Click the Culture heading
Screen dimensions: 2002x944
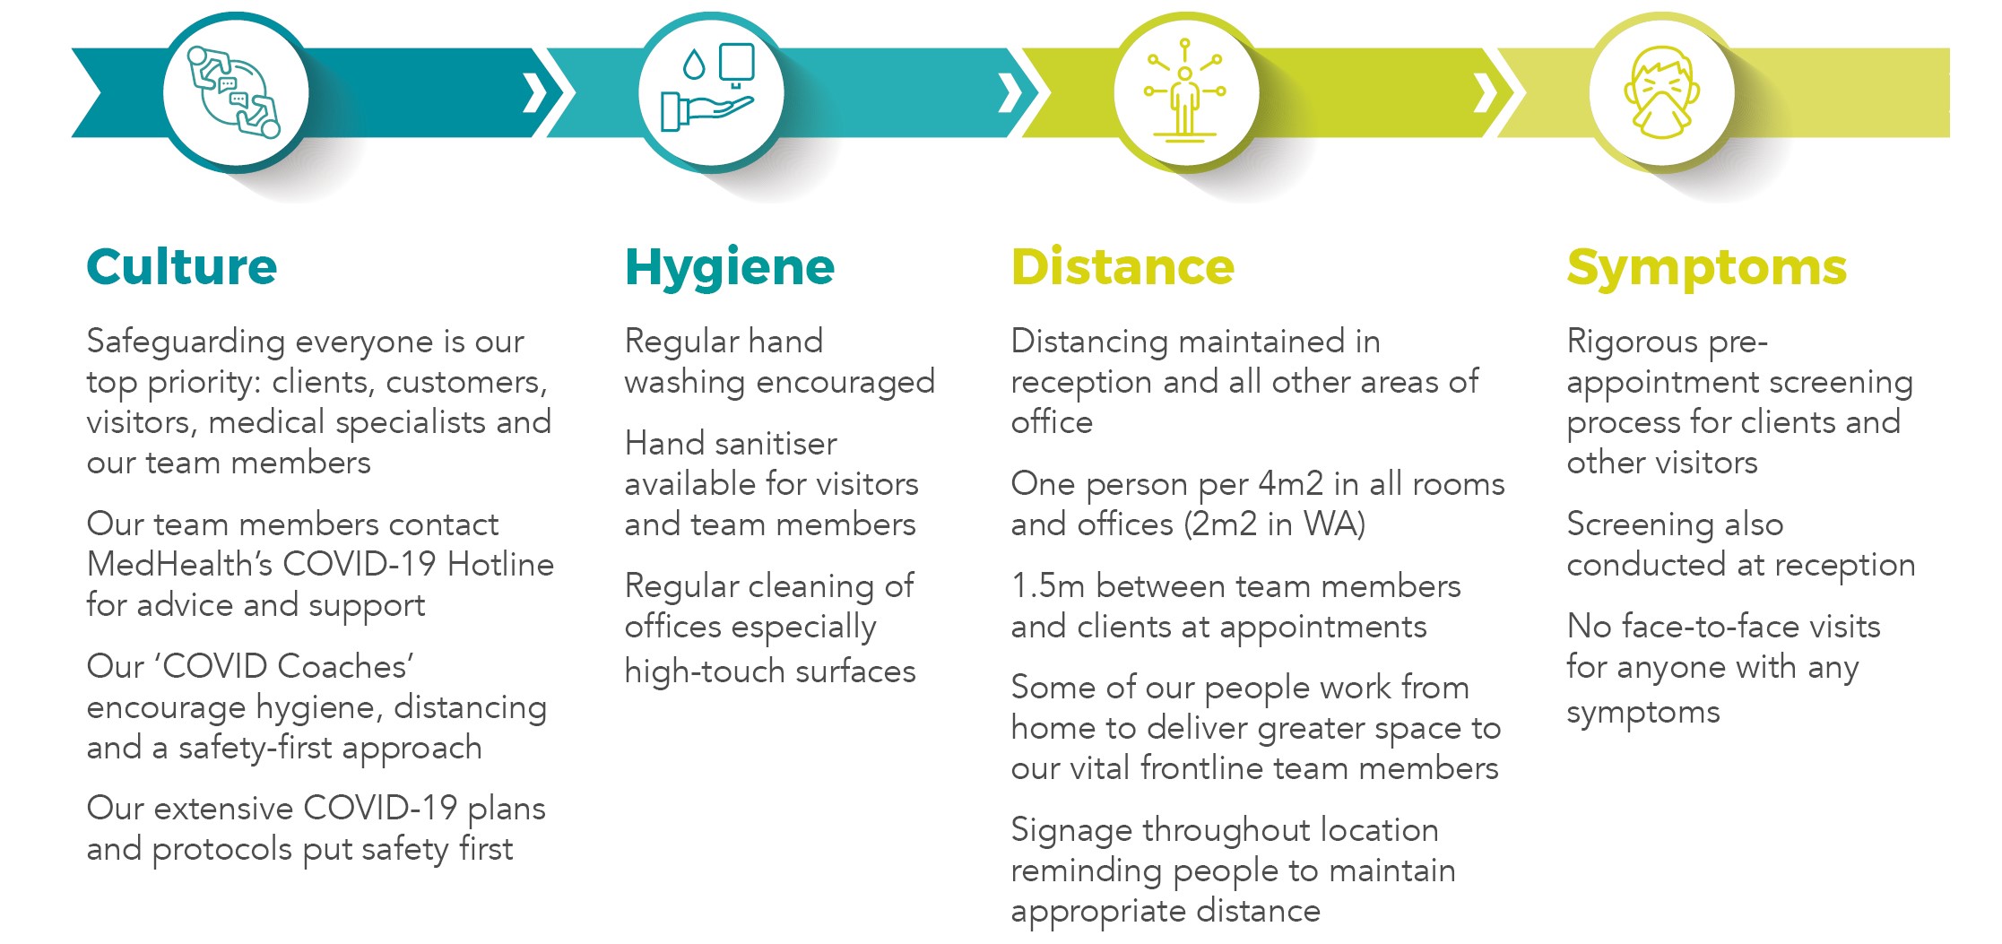click(182, 267)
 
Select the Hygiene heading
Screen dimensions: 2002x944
click(730, 268)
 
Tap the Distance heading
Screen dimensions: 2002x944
click(1122, 267)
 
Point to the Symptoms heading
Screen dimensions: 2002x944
click(1707, 268)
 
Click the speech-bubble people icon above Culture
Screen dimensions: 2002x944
click(233, 92)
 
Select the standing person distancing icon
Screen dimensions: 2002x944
click(1185, 90)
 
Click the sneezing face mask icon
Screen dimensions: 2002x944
click(1661, 92)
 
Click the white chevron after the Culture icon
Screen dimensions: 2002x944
click(535, 92)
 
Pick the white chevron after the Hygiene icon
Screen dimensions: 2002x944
click(1010, 92)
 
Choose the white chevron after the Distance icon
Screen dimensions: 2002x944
click(1486, 92)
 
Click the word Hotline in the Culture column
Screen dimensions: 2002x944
click(500, 565)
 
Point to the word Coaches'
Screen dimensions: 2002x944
click(345, 666)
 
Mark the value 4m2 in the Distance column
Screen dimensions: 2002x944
click(1291, 484)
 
